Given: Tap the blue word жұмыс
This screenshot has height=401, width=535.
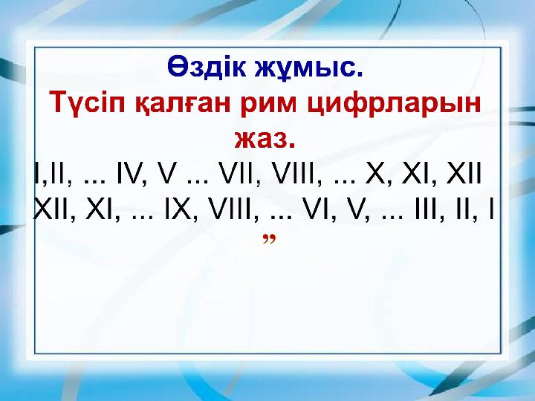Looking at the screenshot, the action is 309,68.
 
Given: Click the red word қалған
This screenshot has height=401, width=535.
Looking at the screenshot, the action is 184,103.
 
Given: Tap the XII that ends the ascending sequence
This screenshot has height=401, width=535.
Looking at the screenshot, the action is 464,173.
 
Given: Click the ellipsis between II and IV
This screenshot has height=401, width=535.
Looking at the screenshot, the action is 94,181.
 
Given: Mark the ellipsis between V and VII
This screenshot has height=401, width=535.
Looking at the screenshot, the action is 198,181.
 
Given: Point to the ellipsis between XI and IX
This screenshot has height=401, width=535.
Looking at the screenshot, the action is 142,217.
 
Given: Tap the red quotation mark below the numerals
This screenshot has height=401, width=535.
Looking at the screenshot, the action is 269,238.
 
